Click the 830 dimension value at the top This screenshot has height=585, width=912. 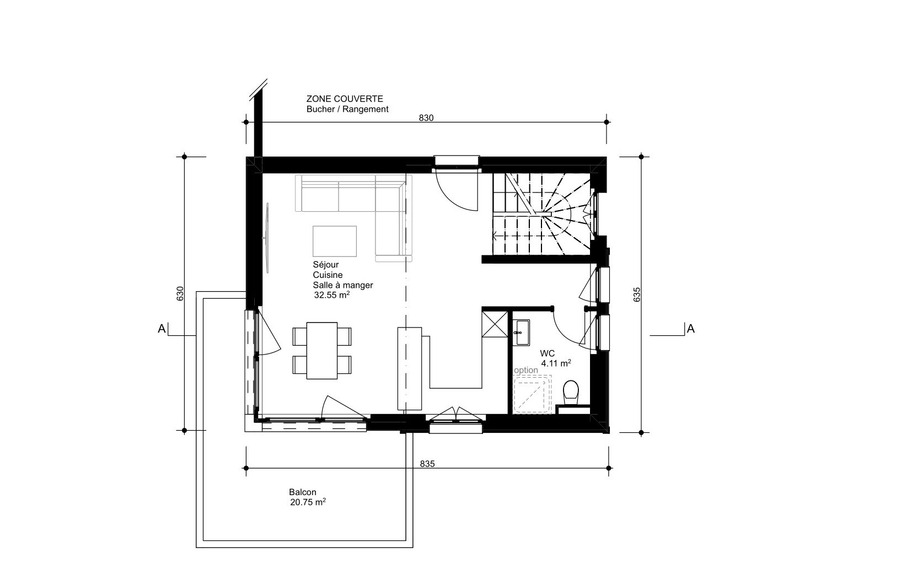coord(426,117)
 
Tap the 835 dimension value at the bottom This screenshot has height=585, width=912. coord(427,464)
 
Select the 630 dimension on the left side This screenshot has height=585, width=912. coord(180,293)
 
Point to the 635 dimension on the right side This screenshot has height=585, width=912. coord(637,295)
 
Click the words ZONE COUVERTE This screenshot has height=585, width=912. coord(345,99)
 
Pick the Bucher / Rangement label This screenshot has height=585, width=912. coord(347,109)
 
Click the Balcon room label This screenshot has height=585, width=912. coord(303,492)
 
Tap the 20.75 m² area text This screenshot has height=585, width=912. coord(308,502)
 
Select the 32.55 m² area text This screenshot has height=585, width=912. coord(332,295)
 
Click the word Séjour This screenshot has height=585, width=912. coord(326,265)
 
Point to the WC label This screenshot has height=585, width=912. coord(547,353)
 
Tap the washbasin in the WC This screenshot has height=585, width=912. coord(521,332)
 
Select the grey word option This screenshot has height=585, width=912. coord(526,370)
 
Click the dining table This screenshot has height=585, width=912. coord(321,351)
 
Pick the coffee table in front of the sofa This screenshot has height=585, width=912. coord(335,241)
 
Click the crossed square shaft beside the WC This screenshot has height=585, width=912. coord(495,324)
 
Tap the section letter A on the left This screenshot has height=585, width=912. coord(162,329)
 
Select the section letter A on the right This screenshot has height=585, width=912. coord(690,329)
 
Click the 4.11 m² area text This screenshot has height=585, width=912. coord(556,363)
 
